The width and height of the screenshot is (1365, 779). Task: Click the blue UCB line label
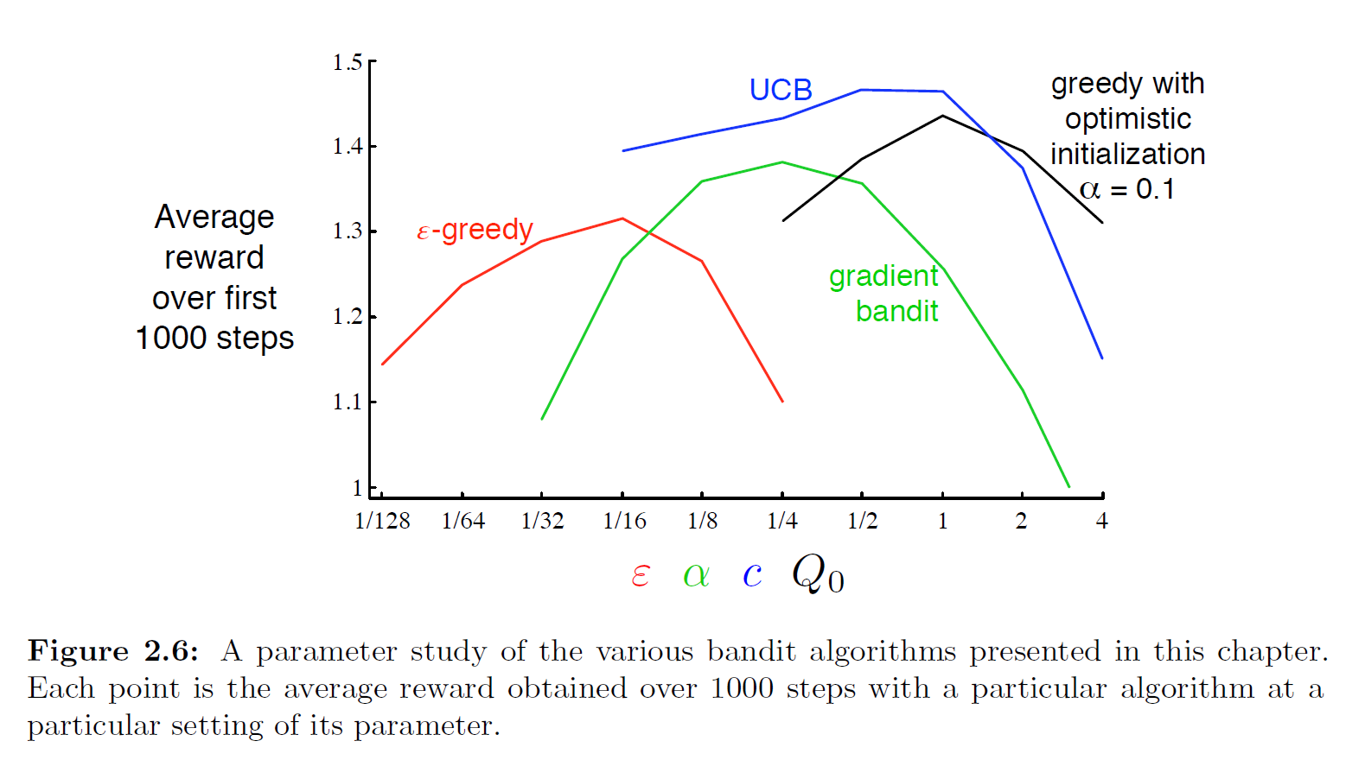781,90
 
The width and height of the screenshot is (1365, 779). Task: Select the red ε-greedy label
475,230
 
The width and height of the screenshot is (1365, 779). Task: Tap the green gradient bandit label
883,293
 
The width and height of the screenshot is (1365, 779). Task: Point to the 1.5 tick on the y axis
348,62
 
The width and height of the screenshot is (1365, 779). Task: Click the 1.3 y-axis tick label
348,231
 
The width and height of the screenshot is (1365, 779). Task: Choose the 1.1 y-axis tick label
348,402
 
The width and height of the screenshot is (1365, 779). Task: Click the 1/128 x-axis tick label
382,521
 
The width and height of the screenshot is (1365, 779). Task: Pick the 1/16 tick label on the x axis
624,521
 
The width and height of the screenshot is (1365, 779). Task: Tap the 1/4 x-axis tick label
782,521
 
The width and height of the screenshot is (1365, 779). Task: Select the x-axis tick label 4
1101,521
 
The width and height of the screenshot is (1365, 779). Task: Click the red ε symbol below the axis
640,575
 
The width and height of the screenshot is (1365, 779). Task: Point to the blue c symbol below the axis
752,574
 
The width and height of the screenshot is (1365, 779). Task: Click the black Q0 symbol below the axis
818,573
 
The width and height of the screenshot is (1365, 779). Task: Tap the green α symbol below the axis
696,575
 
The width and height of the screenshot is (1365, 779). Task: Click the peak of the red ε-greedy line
622,218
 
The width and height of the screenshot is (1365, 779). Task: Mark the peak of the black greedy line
942,116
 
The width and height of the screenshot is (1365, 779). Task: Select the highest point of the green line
782,162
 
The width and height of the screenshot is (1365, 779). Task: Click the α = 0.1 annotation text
1127,189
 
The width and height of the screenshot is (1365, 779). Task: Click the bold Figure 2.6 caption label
113,651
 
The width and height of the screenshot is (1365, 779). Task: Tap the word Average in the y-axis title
214,217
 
